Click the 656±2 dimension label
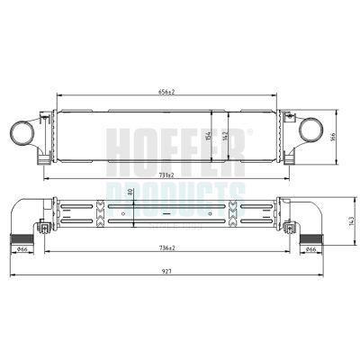coord(166,92)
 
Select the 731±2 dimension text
coord(166,174)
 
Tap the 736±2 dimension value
coord(166,247)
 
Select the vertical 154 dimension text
coord(209,135)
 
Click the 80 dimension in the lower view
coord(131,192)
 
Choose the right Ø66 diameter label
coord(308,249)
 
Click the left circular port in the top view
coord(22,134)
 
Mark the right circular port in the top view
coord(311,134)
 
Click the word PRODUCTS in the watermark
coord(180,191)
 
